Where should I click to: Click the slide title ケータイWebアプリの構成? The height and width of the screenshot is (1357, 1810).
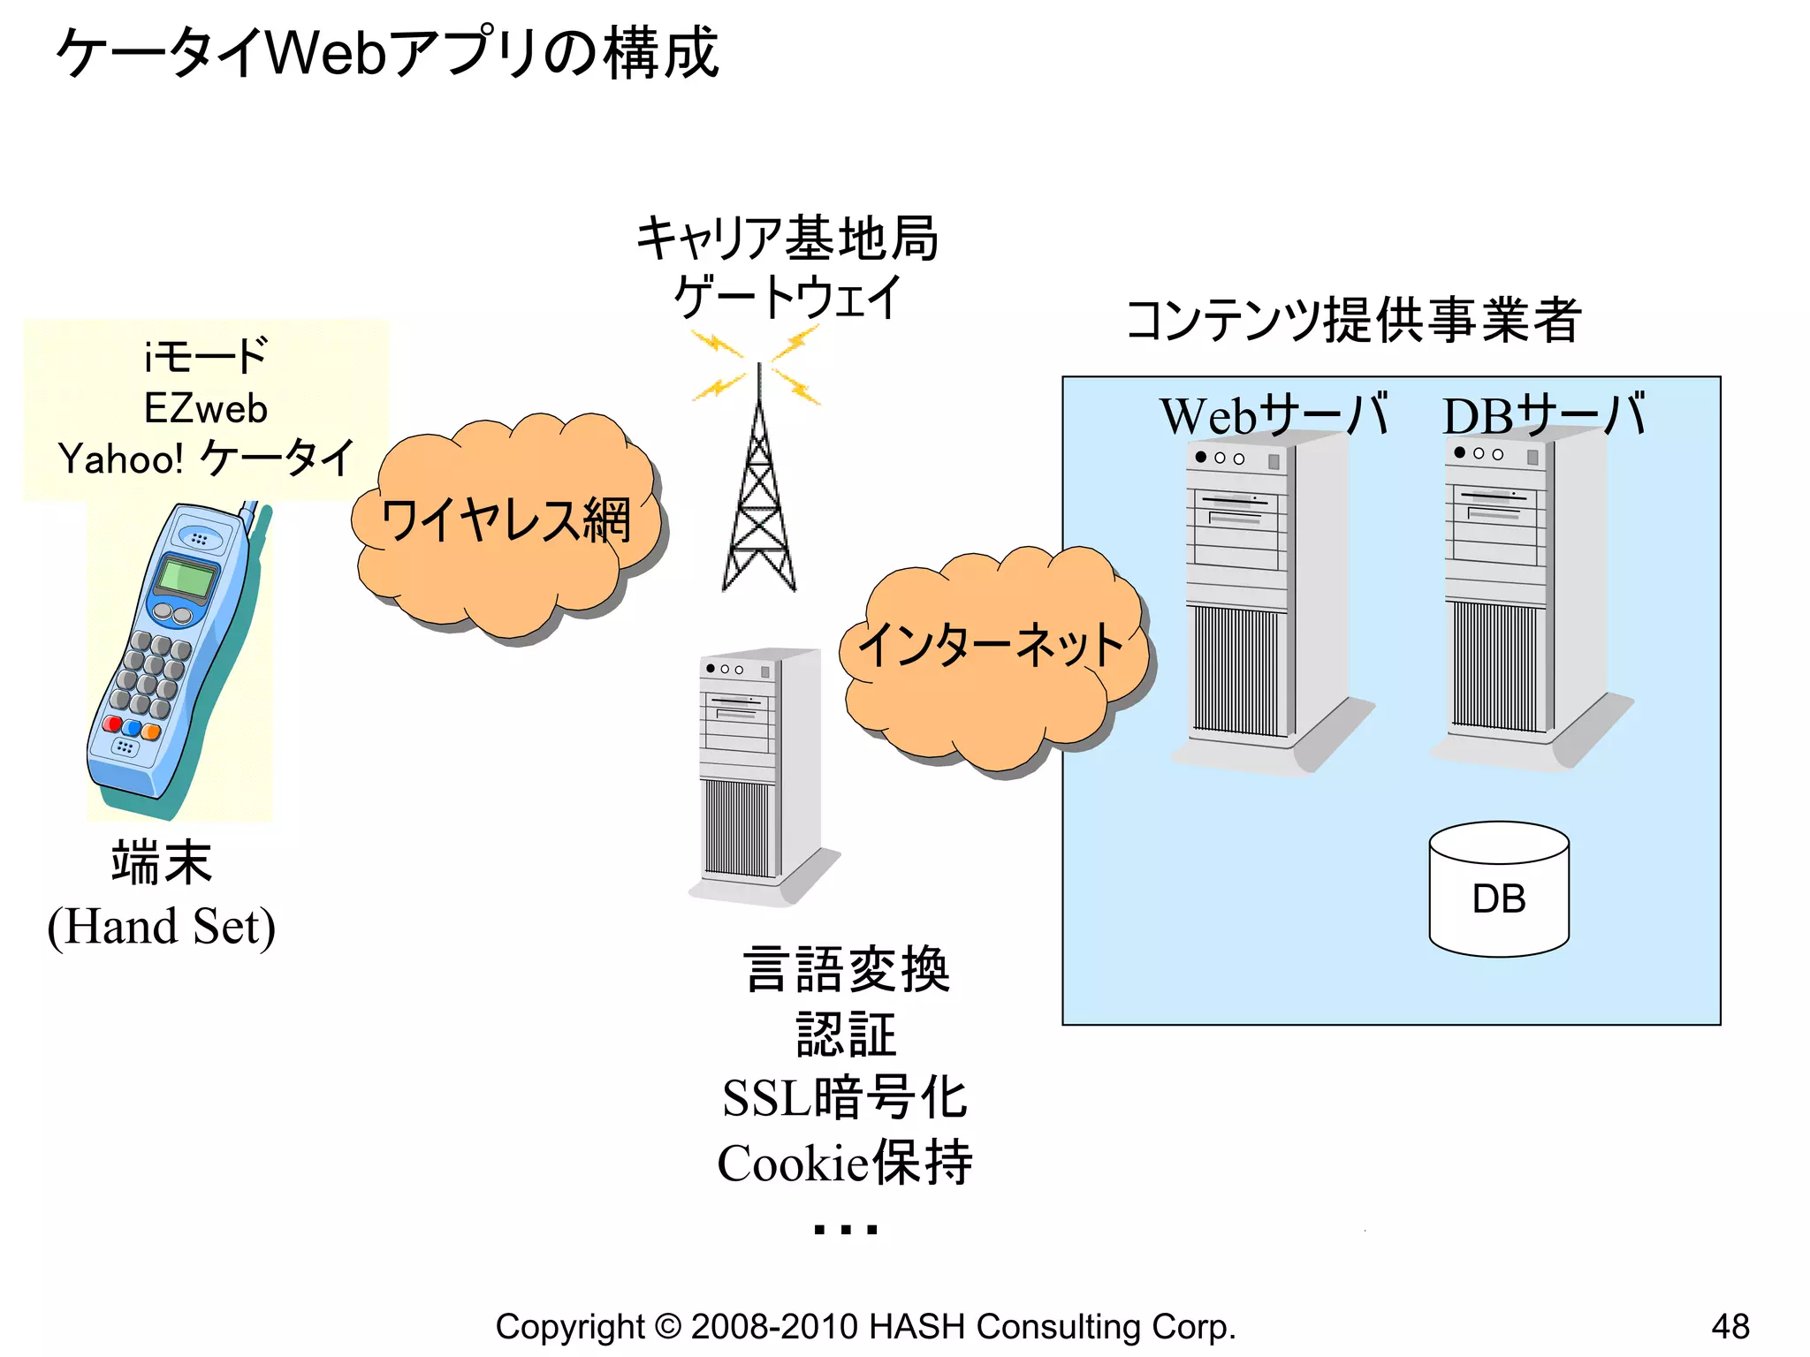pyautogui.click(x=387, y=53)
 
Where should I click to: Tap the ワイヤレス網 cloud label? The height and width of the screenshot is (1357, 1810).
pyautogui.click(x=506, y=521)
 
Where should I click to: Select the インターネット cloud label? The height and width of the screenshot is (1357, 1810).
pyautogui.click(x=990, y=645)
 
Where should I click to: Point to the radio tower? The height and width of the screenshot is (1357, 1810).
pyautogui.click(x=758, y=495)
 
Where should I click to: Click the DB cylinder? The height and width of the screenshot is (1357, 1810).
pyautogui.click(x=1499, y=892)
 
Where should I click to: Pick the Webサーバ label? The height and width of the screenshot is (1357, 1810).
pyautogui.click(x=1273, y=415)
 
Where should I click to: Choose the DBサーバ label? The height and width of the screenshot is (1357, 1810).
pyautogui.click(x=1543, y=415)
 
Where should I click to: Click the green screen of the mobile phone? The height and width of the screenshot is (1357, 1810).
pyautogui.click(x=186, y=579)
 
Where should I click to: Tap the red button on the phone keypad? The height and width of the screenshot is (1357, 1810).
pyautogui.click(x=113, y=724)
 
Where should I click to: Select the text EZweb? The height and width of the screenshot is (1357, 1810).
pyautogui.click(x=205, y=409)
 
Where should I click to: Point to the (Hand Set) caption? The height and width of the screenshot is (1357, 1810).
pyautogui.click(x=162, y=927)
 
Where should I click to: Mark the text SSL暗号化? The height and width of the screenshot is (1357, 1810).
pyautogui.click(x=845, y=1098)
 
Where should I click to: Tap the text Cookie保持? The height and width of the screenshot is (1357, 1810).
pyautogui.click(x=845, y=1163)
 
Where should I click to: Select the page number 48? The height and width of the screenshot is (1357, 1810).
pyautogui.click(x=1730, y=1326)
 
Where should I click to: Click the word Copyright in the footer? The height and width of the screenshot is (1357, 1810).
pyautogui.click(x=570, y=1327)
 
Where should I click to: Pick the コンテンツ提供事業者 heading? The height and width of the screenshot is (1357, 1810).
pyautogui.click(x=1352, y=320)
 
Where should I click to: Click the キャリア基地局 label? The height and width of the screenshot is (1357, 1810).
pyautogui.click(x=787, y=239)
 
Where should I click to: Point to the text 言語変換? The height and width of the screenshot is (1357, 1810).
pyautogui.click(x=846, y=969)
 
